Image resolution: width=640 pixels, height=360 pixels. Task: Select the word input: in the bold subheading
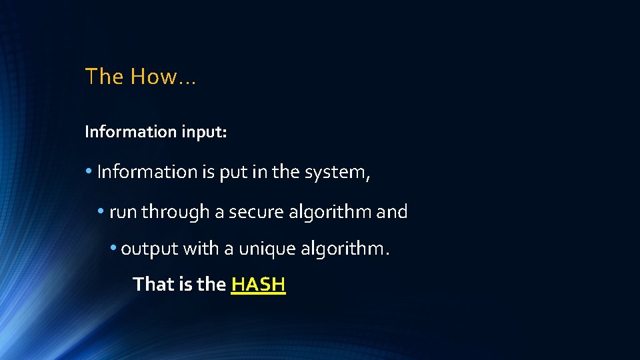[x=204, y=132]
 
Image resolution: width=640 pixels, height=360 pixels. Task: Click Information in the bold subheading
[x=131, y=132]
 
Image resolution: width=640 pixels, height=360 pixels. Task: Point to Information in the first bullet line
[x=147, y=172]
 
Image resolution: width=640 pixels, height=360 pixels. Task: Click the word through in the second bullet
[x=175, y=213]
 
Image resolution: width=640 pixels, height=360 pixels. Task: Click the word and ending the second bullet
[x=392, y=213]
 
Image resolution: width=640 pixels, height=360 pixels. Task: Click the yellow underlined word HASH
[x=258, y=285]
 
